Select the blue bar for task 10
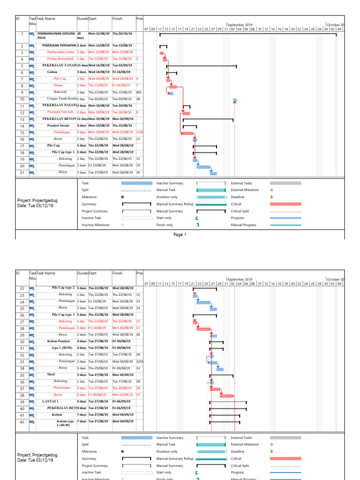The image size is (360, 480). click(x=235, y=100)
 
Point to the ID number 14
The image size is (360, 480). click(x=22, y=127)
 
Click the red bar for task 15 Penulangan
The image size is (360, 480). click(x=187, y=134)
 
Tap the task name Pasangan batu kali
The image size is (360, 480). click(x=62, y=112)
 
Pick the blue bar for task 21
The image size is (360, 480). click(x=213, y=173)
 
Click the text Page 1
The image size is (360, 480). click(x=180, y=234)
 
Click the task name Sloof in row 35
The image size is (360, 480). click(x=51, y=375)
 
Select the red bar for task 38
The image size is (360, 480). click(x=227, y=396)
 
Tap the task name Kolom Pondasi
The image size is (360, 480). click(x=59, y=341)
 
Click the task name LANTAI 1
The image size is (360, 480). click(x=50, y=402)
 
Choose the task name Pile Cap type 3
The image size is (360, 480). click(x=63, y=315)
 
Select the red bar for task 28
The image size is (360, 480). click(x=203, y=329)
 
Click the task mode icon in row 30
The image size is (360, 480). click(x=32, y=342)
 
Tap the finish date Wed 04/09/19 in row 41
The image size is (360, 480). click(x=123, y=415)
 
